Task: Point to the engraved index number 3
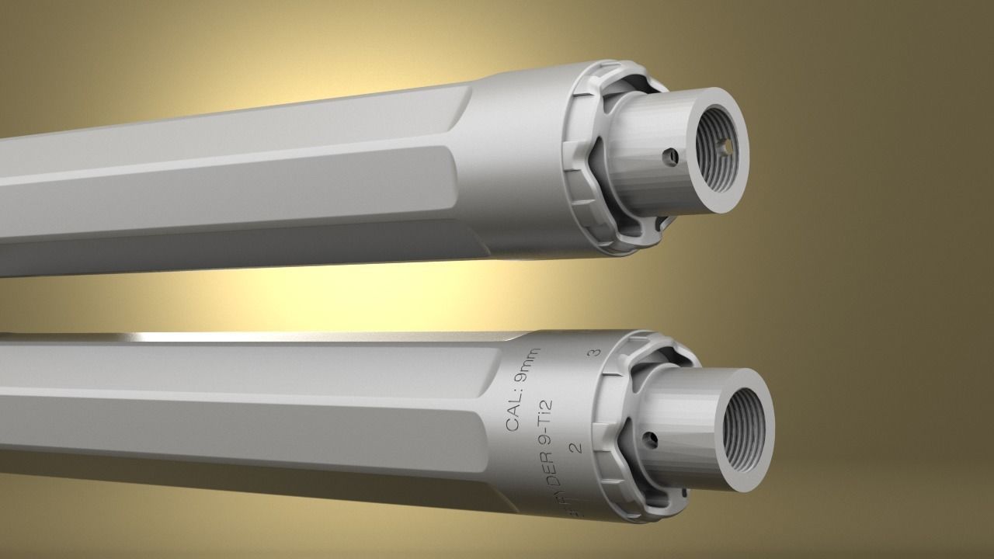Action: click(x=596, y=353)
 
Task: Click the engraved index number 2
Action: click(x=575, y=447)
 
